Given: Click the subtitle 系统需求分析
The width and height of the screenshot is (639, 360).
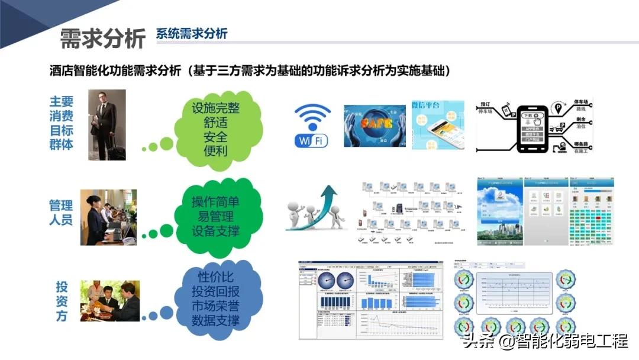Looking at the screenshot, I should (192, 34).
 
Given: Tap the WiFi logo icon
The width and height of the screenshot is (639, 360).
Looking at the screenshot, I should (312, 126).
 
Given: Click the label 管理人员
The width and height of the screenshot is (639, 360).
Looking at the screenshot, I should (61, 213).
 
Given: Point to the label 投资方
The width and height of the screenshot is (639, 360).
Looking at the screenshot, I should (62, 301).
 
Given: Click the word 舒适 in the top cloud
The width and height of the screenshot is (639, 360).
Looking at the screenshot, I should (216, 123).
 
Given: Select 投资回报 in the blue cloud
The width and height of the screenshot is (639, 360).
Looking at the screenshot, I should (215, 291).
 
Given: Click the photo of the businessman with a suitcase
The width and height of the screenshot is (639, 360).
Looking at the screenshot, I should (107, 124).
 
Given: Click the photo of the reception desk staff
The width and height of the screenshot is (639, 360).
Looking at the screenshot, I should (108, 217).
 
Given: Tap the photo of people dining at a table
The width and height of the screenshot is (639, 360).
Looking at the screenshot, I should (110, 301).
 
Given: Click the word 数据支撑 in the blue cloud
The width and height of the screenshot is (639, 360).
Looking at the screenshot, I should (215, 321).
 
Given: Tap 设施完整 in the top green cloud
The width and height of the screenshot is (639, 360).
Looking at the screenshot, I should (216, 108).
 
